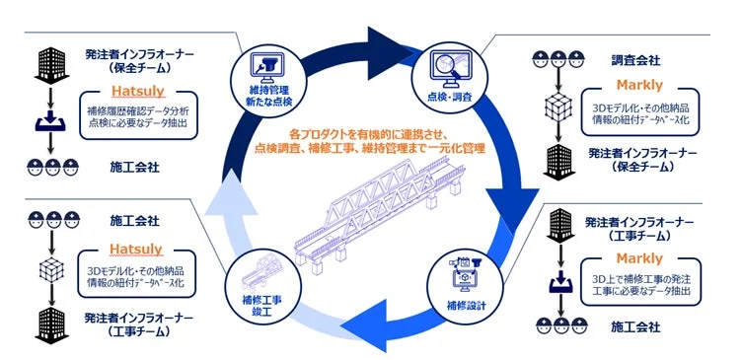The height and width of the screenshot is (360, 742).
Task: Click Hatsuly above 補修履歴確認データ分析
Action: point(137,96)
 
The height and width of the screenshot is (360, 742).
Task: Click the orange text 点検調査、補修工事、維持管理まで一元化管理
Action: point(369,146)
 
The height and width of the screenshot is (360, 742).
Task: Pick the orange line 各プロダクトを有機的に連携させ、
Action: point(369,129)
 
